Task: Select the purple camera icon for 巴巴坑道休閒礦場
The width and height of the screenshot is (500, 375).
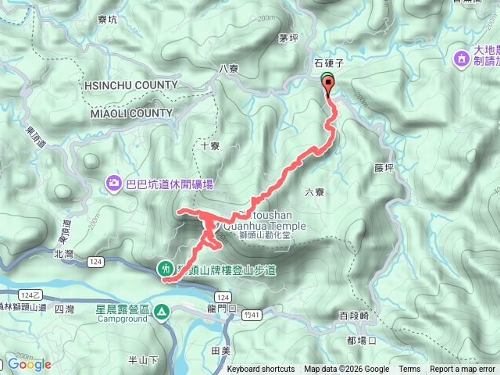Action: click(114, 184)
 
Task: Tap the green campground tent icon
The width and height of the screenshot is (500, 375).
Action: click(162, 312)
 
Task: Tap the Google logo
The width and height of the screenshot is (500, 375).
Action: click(29, 364)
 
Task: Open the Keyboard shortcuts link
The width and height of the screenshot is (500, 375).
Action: click(261, 370)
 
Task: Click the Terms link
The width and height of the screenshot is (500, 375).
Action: click(409, 370)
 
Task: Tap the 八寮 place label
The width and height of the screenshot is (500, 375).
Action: click(228, 69)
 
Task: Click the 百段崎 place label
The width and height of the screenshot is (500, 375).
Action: click(354, 316)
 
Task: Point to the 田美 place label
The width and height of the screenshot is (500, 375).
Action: click(221, 352)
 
